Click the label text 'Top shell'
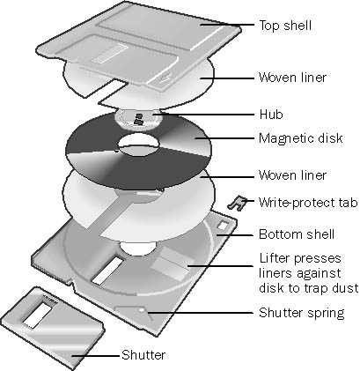tap(285, 26)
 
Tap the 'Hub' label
tap(271, 115)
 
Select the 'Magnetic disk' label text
tap(301, 138)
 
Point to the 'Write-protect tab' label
tap(308, 203)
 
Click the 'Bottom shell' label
tap(297, 234)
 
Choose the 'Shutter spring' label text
tap(302, 313)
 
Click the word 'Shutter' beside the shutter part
tap(143, 355)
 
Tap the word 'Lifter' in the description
tap(274, 258)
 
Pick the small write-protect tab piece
tap(237, 203)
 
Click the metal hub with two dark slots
tap(138, 118)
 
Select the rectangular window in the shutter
tap(38, 315)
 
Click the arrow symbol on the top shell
tap(165, 78)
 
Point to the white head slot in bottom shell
tap(107, 271)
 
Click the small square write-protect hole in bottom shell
tap(222, 226)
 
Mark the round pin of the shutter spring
tap(142, 310)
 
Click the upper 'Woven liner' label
tap(292, 78)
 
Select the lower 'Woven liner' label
tap(292, 175)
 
